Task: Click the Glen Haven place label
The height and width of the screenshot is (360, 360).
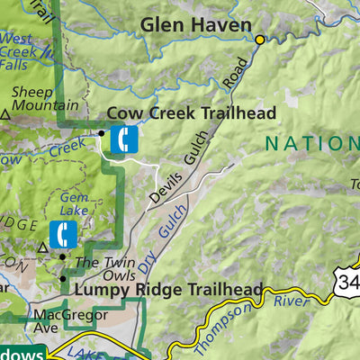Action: (195, 25)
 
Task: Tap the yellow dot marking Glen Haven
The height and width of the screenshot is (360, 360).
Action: (260, 40)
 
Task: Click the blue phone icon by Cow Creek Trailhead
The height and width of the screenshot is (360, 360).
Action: (123, 139)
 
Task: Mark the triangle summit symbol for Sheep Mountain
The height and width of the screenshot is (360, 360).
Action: (6, 115)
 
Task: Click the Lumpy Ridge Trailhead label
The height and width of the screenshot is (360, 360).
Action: (167, 290)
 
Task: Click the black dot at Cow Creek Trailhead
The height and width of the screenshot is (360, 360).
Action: (101, 132)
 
